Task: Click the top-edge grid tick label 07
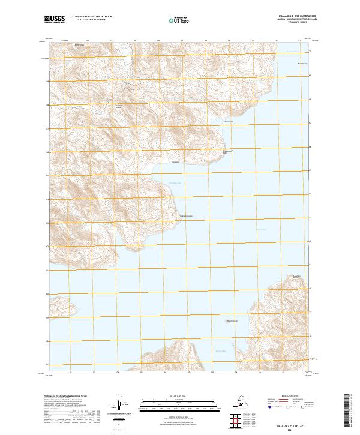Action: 182,41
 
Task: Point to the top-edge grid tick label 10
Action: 253,41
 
